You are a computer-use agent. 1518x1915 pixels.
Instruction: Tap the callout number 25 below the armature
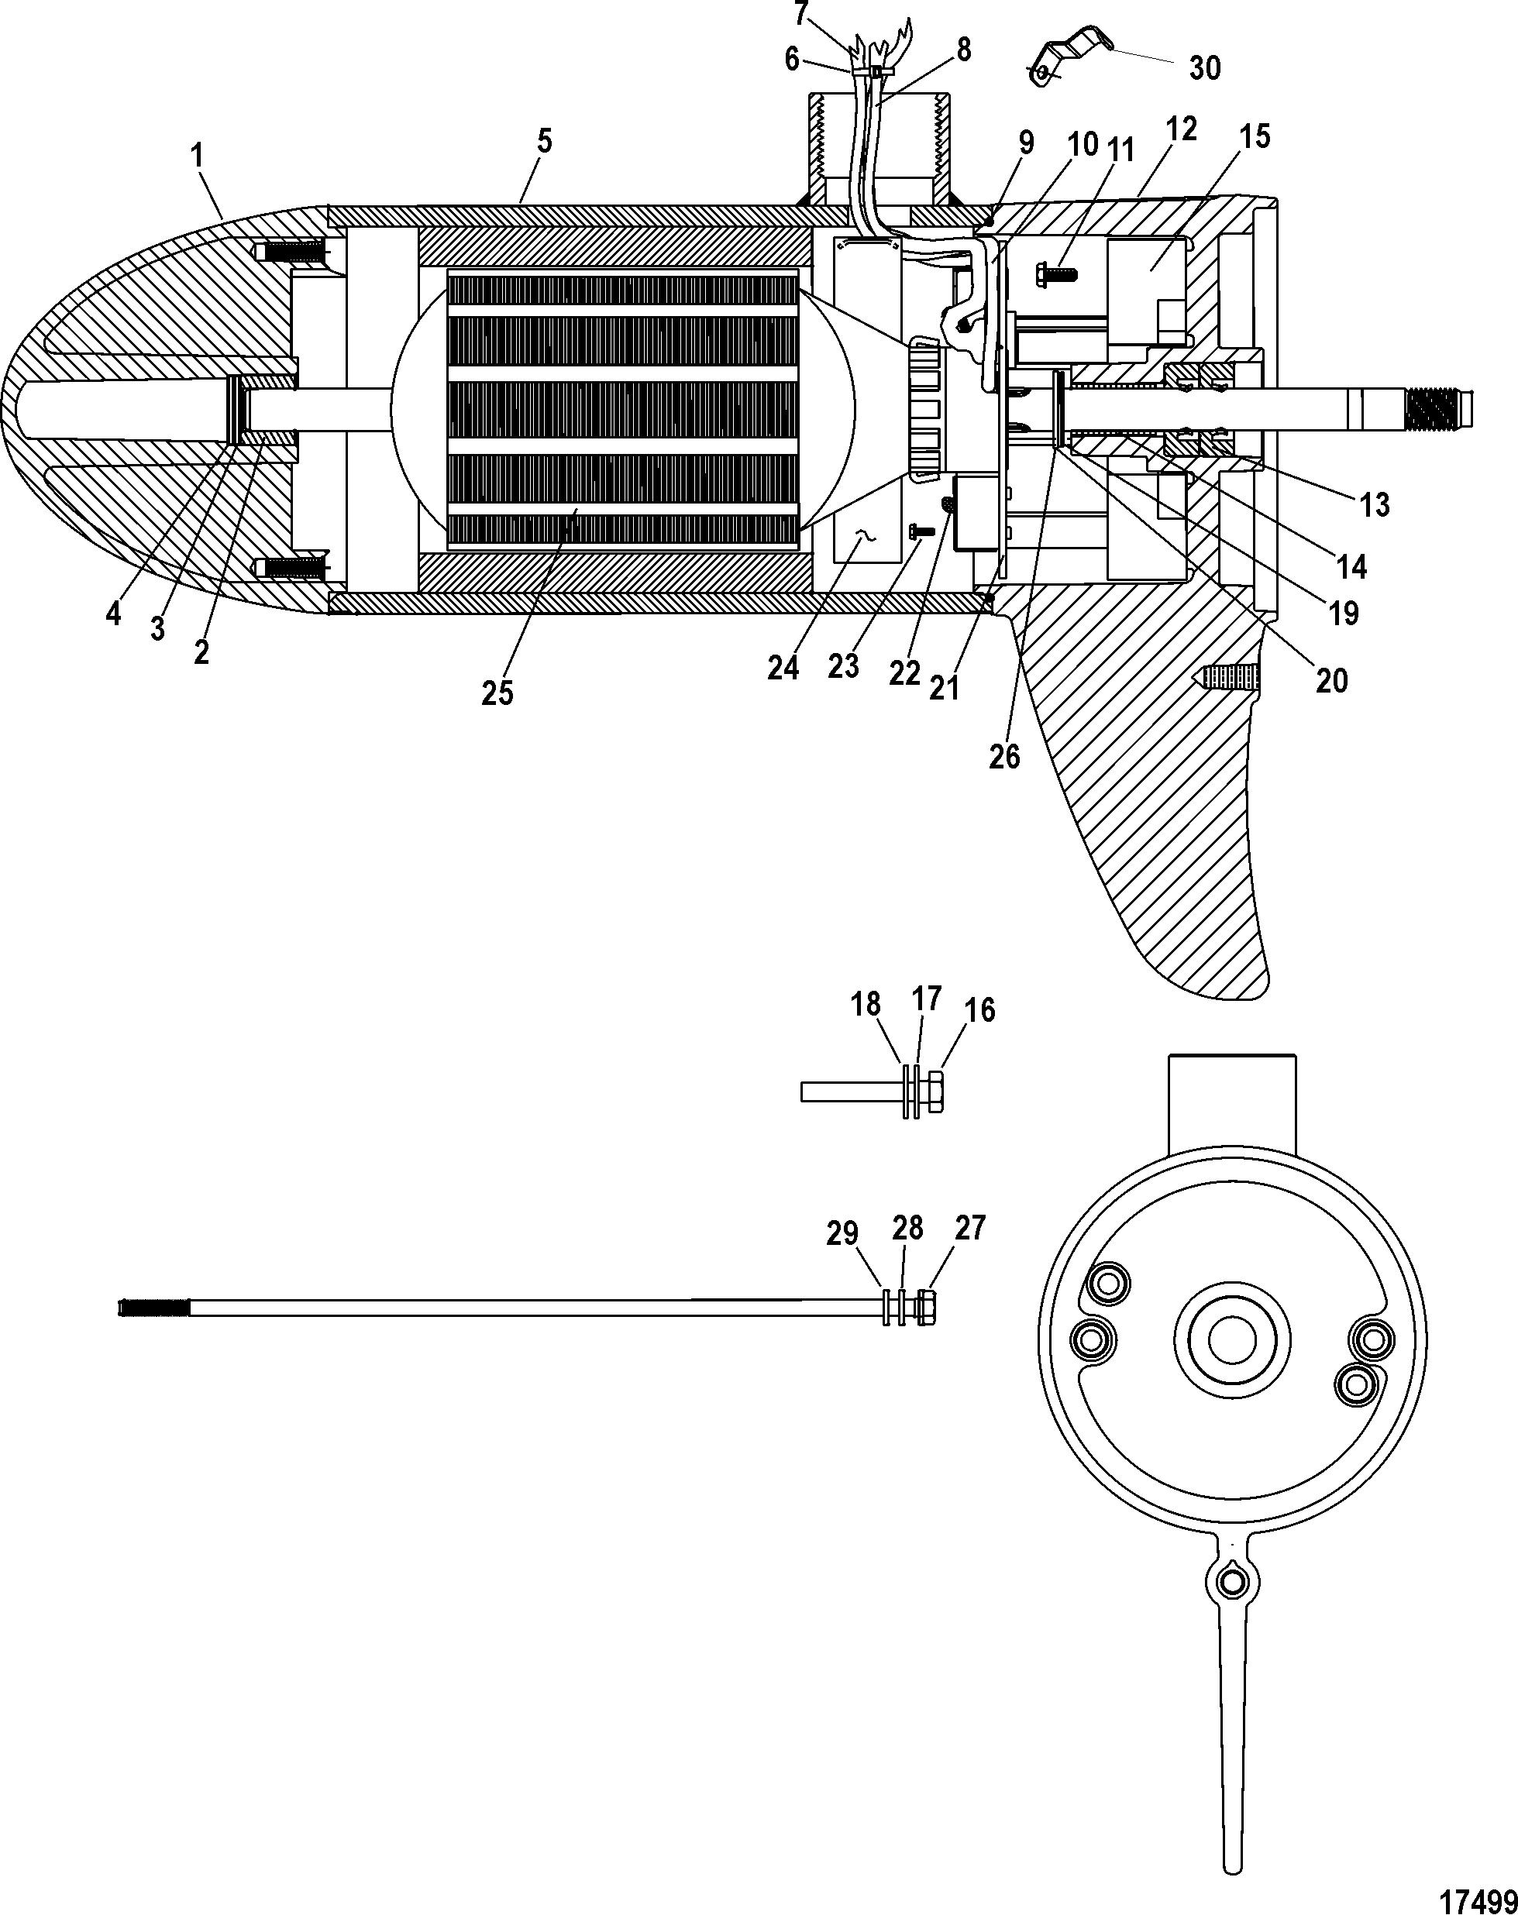pyautogui.click(x=497, y=693)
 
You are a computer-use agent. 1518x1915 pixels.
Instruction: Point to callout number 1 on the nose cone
pyautogui.click(x=197, y=156)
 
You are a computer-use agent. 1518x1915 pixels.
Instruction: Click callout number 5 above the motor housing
pyautogui.click(x=544, y=140)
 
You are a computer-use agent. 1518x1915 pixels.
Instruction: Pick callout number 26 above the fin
pyautogui.click(x=1004, y=757)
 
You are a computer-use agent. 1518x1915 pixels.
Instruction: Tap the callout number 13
pyautogui.click(x=1374, y=504)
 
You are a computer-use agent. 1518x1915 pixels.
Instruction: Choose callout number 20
pyautogui.click(x=1331, y=680)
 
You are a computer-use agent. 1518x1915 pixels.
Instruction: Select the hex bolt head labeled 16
pyautogui.click(x=934, y=1092)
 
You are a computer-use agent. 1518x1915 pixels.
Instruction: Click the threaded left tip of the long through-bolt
pyautogui.click(x=153, y=1308)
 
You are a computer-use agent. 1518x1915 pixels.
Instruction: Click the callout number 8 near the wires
pyautogui.click(x=963, y=49)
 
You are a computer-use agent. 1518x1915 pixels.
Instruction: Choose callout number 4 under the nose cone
pyautogui.click(x=113, y=613)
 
